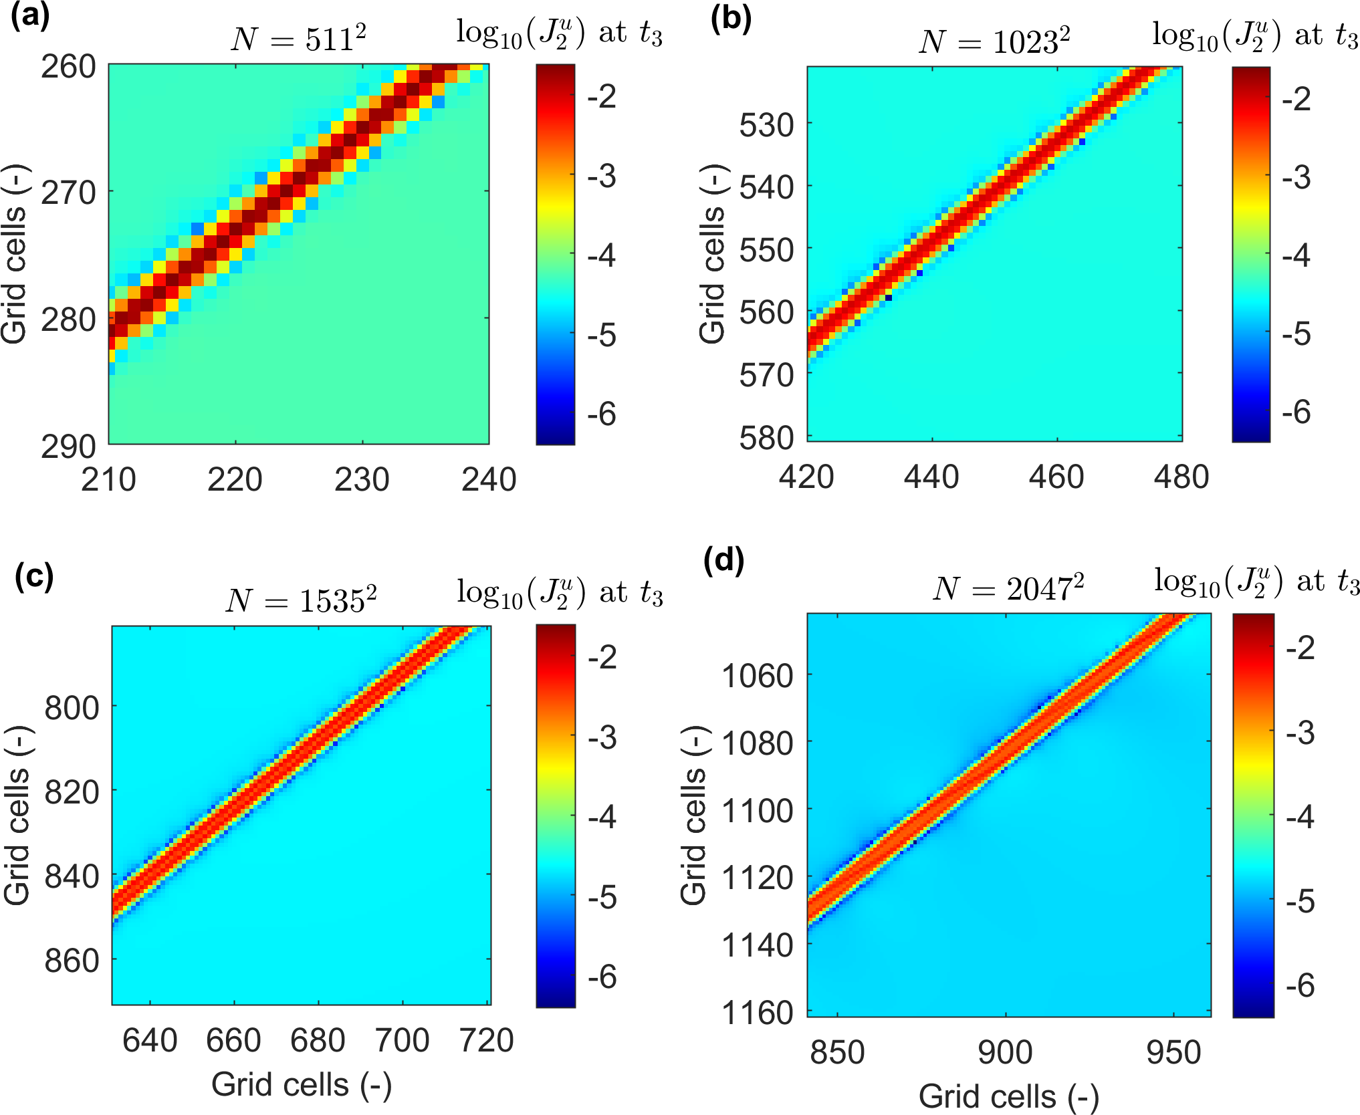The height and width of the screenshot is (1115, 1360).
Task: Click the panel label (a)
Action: coord(30,16)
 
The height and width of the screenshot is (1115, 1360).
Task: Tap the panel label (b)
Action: coord(731,19)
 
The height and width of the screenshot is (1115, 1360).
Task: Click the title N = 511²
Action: coord(298,39)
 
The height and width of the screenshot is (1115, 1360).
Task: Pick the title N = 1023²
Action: coord(994,41)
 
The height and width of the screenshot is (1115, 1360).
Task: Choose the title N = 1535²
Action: coord(301,599)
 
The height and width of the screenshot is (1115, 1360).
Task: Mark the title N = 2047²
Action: coord(1008,588)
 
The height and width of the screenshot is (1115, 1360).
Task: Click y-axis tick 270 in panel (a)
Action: coord(69,193)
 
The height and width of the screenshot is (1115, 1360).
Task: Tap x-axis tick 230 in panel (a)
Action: coord(362,480)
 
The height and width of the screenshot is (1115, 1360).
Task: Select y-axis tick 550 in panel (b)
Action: coord(767,250)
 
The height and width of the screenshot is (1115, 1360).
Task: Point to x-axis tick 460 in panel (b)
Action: coord(1056,477)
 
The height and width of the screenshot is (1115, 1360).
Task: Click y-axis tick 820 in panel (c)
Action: coord(72,791)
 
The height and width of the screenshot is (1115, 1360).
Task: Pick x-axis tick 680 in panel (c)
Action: coord(318,1040)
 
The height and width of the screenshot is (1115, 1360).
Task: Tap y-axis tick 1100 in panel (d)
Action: coord(758,810)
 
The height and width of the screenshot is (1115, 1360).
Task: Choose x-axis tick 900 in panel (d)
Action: coord(1005,1052)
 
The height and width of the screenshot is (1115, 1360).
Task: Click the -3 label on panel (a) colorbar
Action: coord(602,176)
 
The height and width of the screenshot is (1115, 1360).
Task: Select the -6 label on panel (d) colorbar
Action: coord(1300,985)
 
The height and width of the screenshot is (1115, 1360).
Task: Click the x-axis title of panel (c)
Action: coord(302,1084)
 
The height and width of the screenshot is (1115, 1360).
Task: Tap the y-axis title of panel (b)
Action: coord(713,254)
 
